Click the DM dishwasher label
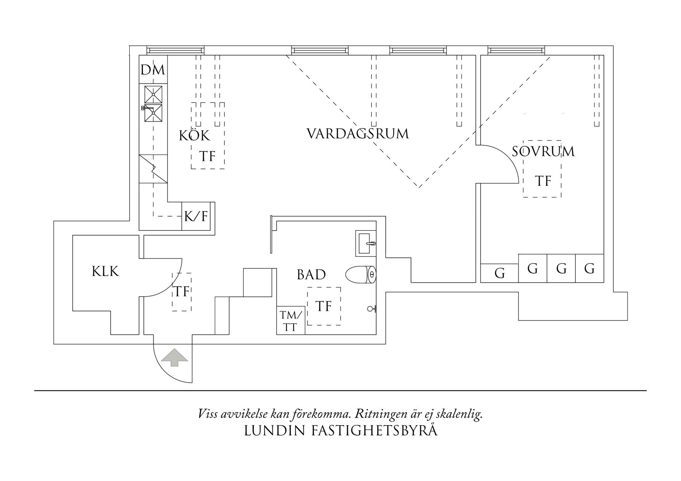[153, 70]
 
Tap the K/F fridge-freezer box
[196, 216]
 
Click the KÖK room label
[194, 136]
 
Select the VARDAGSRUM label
[358, 134]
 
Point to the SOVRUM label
[543, 151]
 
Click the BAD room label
[311, 275]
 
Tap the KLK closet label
[105, 271]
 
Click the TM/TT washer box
[290, 321]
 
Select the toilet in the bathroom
[360, 275]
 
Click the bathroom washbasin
[366, 244]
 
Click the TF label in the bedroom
[543, 181]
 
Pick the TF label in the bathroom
[323, 306]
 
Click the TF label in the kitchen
[207, 156]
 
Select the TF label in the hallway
[181, 291]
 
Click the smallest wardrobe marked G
[499, 273]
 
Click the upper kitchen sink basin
[153, 94]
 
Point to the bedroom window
[516, 50]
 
